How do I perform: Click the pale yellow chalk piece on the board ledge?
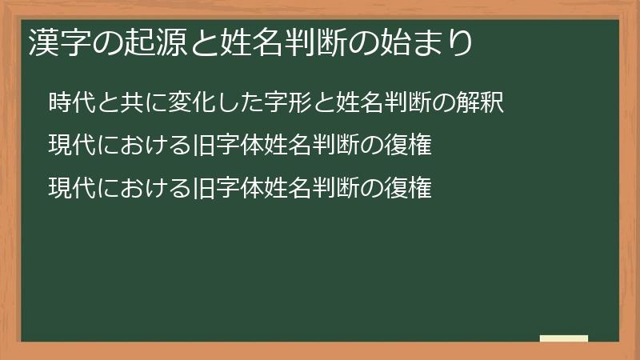[x=564, y=338]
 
